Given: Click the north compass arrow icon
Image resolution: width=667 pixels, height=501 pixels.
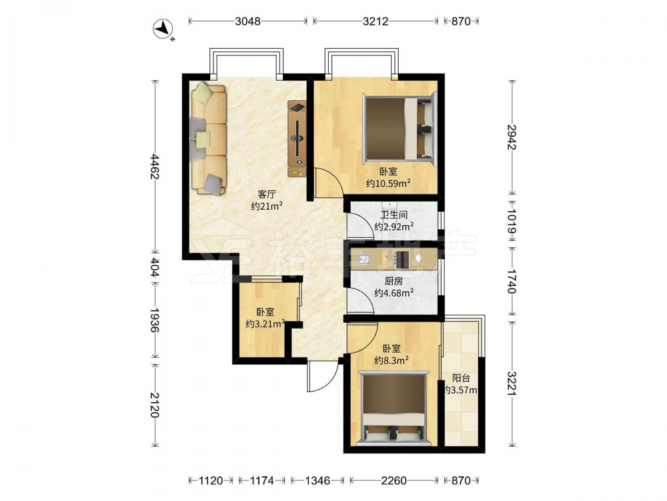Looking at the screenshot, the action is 163,29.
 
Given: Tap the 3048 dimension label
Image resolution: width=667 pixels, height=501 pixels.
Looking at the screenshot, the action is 247,21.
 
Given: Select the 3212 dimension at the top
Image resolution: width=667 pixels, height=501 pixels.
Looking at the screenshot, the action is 375,21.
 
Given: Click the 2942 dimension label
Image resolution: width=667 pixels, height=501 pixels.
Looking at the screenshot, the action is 512,137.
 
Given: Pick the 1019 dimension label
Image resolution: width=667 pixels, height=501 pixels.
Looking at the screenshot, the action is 512,222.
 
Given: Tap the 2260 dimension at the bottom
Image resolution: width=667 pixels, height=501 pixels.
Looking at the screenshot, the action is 394,480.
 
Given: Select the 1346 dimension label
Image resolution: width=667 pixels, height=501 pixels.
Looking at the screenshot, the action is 317,480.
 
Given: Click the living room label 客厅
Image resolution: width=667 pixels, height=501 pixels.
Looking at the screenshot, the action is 267,194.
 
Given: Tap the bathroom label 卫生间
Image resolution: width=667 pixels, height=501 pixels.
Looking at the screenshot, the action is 394,215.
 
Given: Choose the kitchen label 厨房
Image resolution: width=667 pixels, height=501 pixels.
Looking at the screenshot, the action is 394,281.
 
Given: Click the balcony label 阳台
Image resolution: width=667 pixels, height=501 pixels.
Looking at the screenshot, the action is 461,378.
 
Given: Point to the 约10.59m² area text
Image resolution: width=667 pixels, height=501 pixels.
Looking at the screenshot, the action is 388,183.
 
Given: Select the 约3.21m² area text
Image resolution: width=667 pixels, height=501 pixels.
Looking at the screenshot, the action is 265,324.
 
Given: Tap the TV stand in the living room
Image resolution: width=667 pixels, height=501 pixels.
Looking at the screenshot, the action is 297,138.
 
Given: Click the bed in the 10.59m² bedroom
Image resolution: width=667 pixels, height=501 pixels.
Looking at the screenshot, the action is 400,129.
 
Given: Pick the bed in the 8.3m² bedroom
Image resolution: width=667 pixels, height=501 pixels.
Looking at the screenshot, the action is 393,408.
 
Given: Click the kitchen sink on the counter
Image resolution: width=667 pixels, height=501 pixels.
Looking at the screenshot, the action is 364,259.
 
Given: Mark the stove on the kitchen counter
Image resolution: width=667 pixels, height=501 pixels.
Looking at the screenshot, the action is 402,259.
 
